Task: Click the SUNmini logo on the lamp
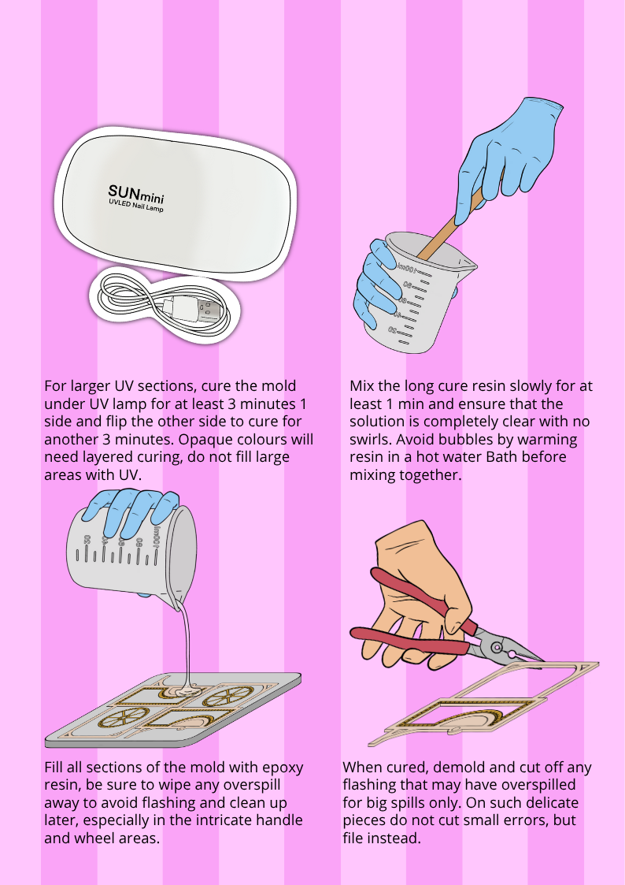(136, 195)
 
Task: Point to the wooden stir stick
(451, 225)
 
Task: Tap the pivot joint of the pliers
(496, 647)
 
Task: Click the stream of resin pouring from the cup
(187, 643)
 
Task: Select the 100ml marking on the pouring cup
(157, 537)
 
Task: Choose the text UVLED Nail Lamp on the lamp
(136, 206)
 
